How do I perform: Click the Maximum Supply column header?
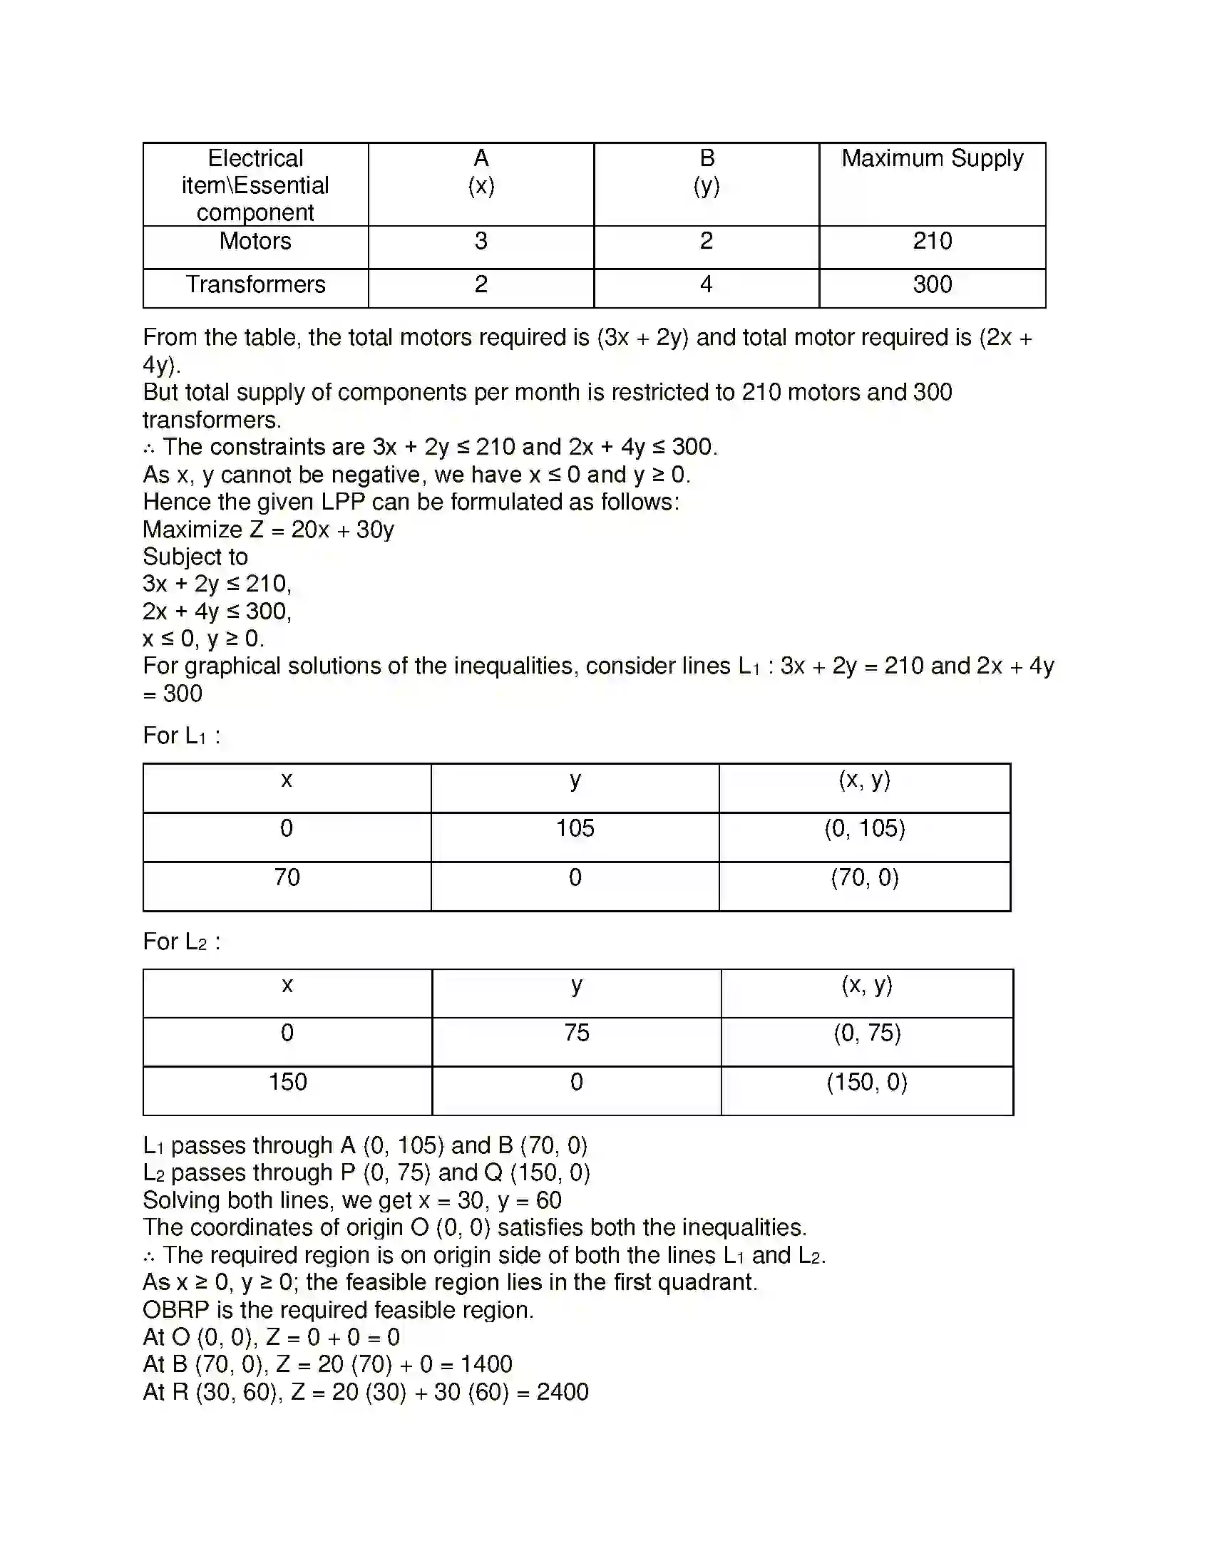pos(931,159)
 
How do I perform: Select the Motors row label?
pos(255,241)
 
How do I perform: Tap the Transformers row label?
pos(255,284)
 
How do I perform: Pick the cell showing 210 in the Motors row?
pos(932,241)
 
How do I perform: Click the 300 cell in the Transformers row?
pos(932,284)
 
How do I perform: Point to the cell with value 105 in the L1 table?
pos(575,828)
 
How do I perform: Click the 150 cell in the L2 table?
pos(287,1082)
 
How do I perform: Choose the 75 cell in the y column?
pos(576,1033)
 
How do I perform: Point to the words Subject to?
pos(195,557)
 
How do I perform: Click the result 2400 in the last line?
pos(563,1392)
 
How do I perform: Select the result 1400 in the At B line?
pos(486,1364)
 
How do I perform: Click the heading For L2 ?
pos(182,942)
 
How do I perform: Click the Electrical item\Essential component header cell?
pos(255,185)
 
